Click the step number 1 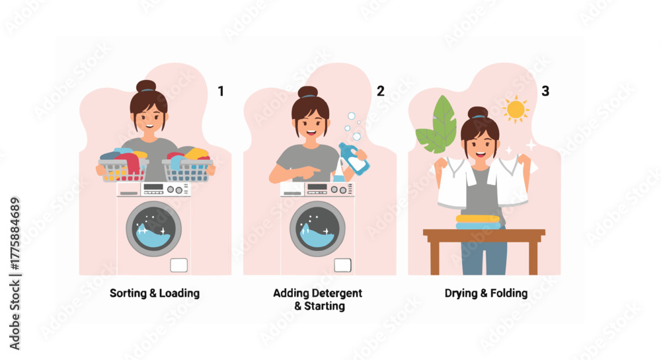pyautogui.click(x=221, y=91)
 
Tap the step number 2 pyautogui.click(x=380, y=91)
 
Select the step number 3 pyautogui.click(x=545, y=91)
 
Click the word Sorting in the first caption pyautogui.click(x=128, y=293)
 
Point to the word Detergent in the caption pyautogui.click(x=336, y=293)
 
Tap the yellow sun pyautogui.click(x=516, y=110)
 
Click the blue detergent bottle pyautogui.click(x=354, y=159)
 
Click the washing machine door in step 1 pyautogui.click(x=153, y=229)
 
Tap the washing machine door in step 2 pyautogui.click(x=317, y=229)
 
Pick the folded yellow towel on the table pyautogui.click(x=478, y=219)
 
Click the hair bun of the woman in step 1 pyautogui.click(x=146, y=87)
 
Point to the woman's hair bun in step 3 pyautogui.click(x=478, y=112)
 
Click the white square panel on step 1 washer pyautogui.click(x=178, y=266)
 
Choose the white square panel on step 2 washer pyautogui.click(x=342, y=266)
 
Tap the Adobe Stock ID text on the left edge pyautogui.click(x=15, y=273)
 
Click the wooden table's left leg pyautogui.click(x=435, y=258)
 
